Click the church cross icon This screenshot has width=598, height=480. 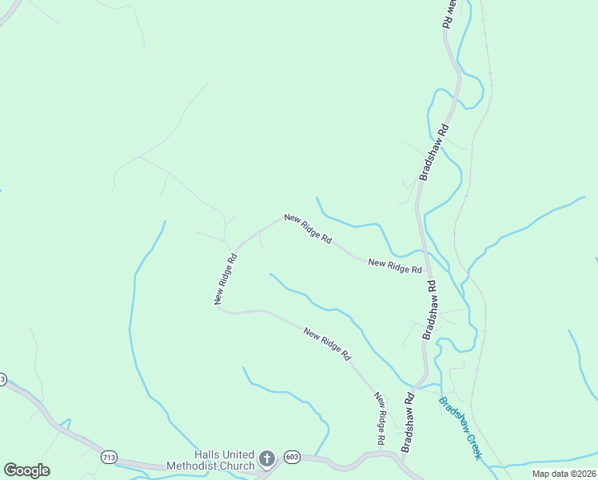pyautogui.click(x=267, y=458)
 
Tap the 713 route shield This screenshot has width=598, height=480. pyautogui.click(x=110, y=456)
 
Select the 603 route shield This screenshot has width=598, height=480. pyautogui.click(x=292, y=454)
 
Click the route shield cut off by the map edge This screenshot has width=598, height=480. pyautogui.click(x=2, y=379)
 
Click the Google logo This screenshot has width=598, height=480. pyautogui.click(x=26, y=470)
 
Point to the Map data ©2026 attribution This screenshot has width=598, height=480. pyautogui.click(x=564, y=474)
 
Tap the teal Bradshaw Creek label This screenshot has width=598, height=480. pyautogui.click(x=460, y=428)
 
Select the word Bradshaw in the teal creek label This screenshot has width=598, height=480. pyautogui.click(x=452, y=415)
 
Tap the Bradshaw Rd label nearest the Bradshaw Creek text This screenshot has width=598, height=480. pyautogui.click(x=408, y=422)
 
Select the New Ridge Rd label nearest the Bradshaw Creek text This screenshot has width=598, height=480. pyautogui.click(x=381, y=418)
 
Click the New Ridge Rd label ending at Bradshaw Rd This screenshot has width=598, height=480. pyautogui.click(x=395, y=266)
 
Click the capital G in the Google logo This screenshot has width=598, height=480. pyautogui.click(x=10, y=470)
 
